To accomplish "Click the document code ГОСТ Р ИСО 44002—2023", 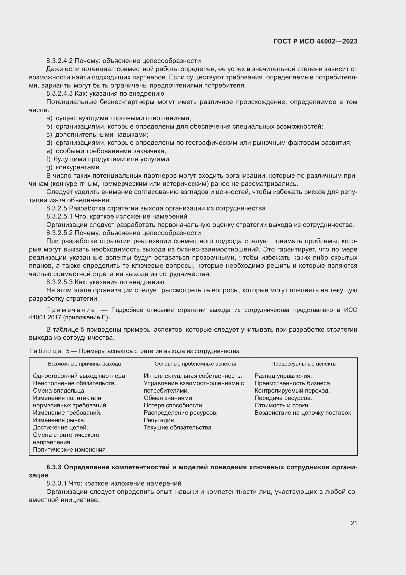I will (x=315, y=41).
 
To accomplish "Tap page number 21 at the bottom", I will (x=354, y=523).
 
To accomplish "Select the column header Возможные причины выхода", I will (x=84, y=364).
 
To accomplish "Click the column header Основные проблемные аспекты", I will (x=195, y=364).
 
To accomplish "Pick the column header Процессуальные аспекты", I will (x=304, y=364).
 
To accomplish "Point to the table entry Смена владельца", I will (x=59, y=390).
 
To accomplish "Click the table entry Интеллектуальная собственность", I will (x=193, y=376).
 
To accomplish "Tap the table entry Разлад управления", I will (x=283, y=376).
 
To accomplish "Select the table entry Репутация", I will (x=160, y=420).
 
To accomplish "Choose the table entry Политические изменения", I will (x=69, y=450).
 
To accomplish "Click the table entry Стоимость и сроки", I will (x=282, y=405).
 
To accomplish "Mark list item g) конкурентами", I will (x=74, y=167).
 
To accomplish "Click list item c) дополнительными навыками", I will (x=97, y=134).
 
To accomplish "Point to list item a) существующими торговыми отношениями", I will (x=119, y=118).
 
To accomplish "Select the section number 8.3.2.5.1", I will (x=59, y=216).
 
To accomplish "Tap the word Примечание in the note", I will (x=62, y=310).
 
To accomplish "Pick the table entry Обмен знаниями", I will (x=168, y=398).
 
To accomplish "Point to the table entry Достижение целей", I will (x=60, y=428).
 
